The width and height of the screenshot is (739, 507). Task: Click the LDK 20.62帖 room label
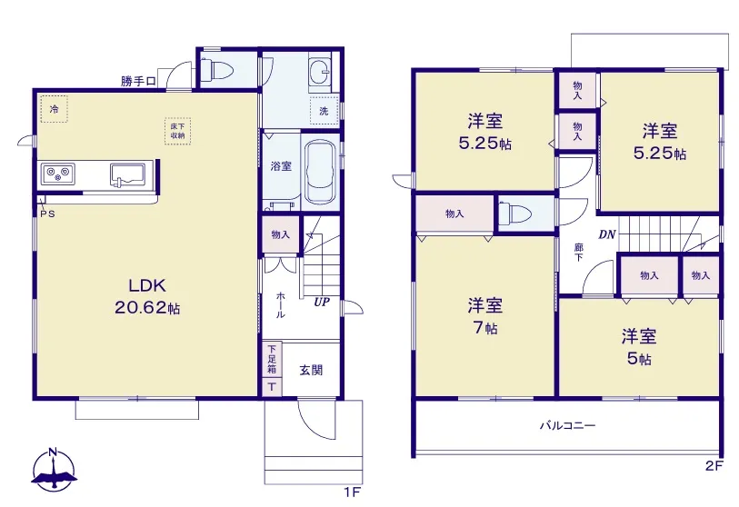(x=147, y=297)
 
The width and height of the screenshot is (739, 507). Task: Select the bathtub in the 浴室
(x=320, y=172)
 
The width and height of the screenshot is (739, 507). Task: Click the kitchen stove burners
(x=57, y=174)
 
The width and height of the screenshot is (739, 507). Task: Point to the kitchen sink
(x=128, y=174)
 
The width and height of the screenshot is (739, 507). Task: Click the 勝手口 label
(x=138, y=82)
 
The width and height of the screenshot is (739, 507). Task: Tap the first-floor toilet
(x=217, y=71)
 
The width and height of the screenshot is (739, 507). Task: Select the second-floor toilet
(x=515, y=213)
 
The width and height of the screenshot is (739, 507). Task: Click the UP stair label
(x=322, y=302)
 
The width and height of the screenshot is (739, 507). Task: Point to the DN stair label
(x=607, y=234)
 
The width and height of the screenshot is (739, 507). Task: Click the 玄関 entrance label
(x=311, y=371)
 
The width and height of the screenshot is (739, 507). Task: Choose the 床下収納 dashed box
(x=177, y=131)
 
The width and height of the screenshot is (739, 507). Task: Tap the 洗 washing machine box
(x=325, y=110)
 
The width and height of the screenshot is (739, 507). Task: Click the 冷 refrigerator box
(x=55, y=109)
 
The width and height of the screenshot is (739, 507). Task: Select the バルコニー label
(x=567, y=426)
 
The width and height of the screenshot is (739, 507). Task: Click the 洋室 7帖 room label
(x=485, y=315)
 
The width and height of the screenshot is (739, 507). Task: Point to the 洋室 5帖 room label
(x=639, y=347)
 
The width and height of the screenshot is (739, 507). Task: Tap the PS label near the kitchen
(x=47, y=214)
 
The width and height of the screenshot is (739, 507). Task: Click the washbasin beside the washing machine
(x=320, y=72)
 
